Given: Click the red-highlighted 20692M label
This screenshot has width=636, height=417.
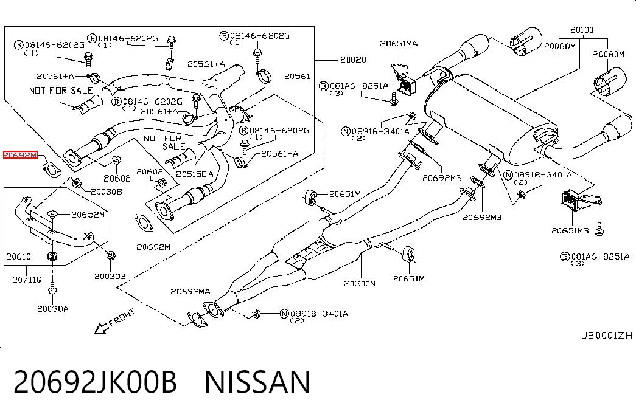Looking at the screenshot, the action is coord(20,155).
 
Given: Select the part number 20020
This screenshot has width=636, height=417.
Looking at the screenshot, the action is coord(353,60).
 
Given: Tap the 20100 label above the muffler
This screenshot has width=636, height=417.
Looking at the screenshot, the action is coord(582,30).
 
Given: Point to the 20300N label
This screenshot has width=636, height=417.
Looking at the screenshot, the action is coord(360,283).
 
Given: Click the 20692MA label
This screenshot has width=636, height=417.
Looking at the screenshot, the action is coord(190,291).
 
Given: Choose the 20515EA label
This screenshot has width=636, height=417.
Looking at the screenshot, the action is coord(194,174).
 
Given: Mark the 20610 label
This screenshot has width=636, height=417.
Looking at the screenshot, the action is coord(18,256).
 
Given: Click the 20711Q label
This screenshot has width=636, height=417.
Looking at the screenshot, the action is coord(27,279).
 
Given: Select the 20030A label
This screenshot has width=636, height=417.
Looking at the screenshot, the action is coord(53,309).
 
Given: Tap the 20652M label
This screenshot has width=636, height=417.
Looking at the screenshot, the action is coord(88,215).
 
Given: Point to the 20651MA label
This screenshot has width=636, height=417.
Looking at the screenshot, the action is coord(399,43).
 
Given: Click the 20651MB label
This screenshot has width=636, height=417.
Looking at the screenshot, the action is coord(570,230).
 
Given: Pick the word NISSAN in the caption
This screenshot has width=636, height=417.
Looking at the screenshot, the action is coord(257,382).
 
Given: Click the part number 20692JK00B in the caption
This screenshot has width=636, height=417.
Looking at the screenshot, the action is coord(96,382).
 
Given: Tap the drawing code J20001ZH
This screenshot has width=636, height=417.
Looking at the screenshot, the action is coord(606,335).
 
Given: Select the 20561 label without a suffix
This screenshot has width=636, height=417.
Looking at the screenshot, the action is coord(297,76).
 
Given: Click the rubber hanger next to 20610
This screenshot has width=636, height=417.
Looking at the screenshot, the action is coord(52,256).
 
